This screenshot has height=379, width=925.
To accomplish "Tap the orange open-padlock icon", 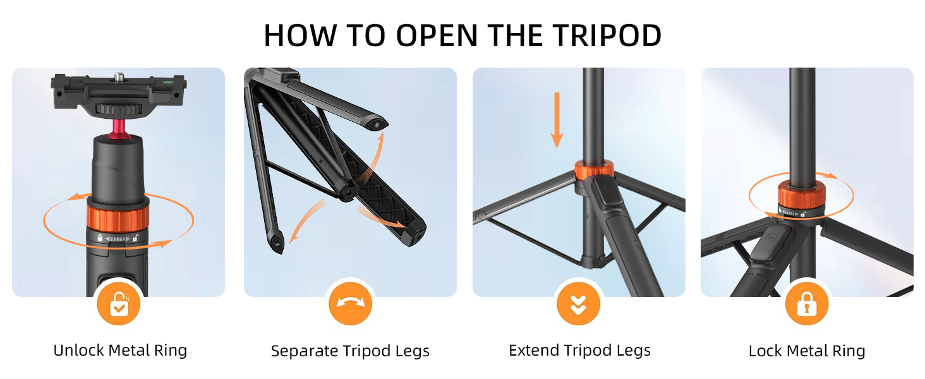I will [119, 305].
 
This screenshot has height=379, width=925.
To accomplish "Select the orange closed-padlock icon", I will [806, 305].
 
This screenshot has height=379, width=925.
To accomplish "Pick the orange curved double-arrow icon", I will [350, 305].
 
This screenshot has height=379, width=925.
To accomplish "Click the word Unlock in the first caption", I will [78, 351].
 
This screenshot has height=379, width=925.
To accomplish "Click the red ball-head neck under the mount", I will [118, 128].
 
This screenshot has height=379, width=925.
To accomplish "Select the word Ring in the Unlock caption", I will [171, 351].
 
